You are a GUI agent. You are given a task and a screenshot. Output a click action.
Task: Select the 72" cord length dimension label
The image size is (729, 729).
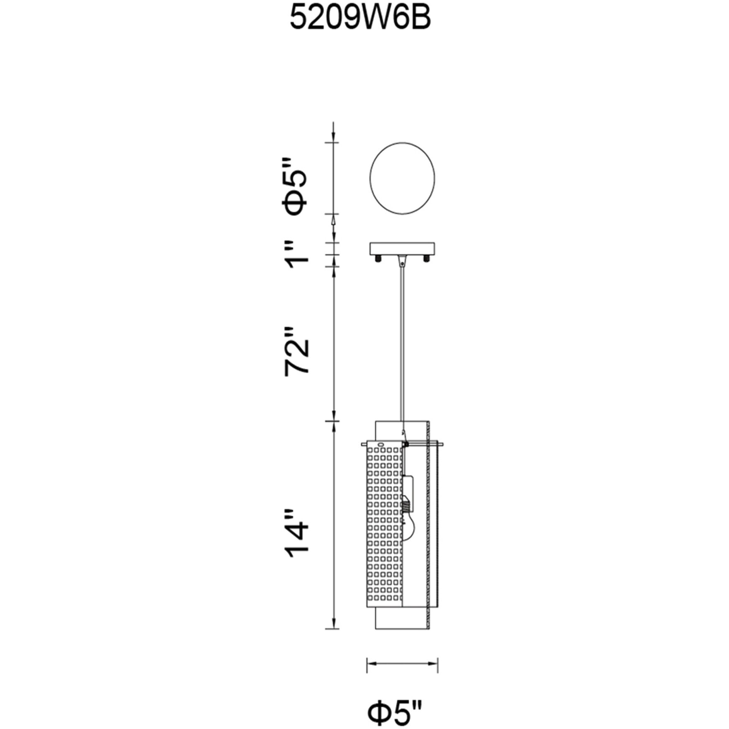pyautogui.click(x=297, y=351)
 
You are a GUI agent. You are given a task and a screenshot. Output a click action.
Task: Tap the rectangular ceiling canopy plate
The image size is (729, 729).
pyautogui.click(x=402, y=249)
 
